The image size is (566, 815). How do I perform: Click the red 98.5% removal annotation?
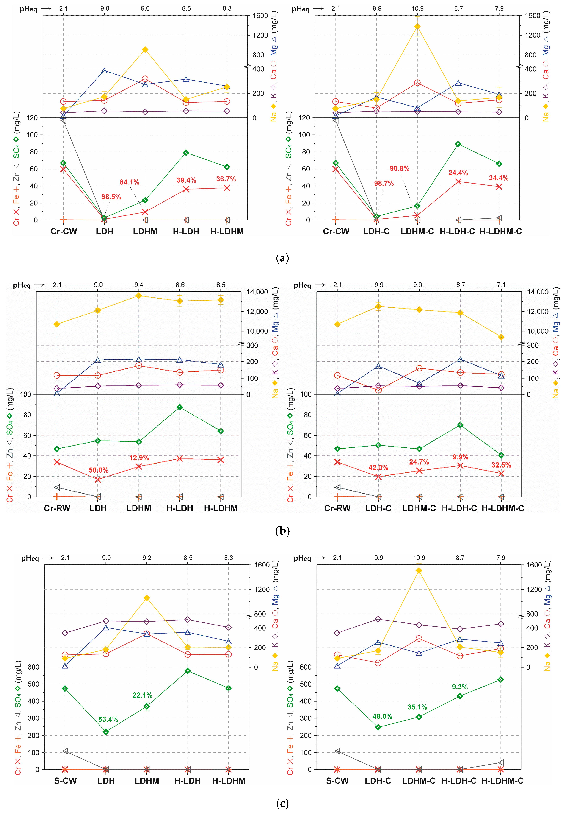(x=111, y=197)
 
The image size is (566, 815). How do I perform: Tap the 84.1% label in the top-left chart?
(x=130, y=182)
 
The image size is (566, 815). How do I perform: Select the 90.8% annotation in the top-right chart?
(x=399, y=169)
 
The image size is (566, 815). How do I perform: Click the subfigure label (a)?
(x=282, y=258)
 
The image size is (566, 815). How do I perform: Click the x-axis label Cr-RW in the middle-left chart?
(x=57, y=508)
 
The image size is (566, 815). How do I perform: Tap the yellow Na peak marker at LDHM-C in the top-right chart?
(x=417, y=26)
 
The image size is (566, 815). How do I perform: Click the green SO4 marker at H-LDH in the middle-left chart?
(x=180, y=407)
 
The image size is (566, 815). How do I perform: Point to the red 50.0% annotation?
(x=99, y=470)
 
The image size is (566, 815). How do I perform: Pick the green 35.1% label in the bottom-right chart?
(x=417, y=707)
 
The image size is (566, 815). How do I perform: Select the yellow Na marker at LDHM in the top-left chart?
(x=145, y=50)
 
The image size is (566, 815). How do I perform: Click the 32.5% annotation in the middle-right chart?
(x=501, y=465)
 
